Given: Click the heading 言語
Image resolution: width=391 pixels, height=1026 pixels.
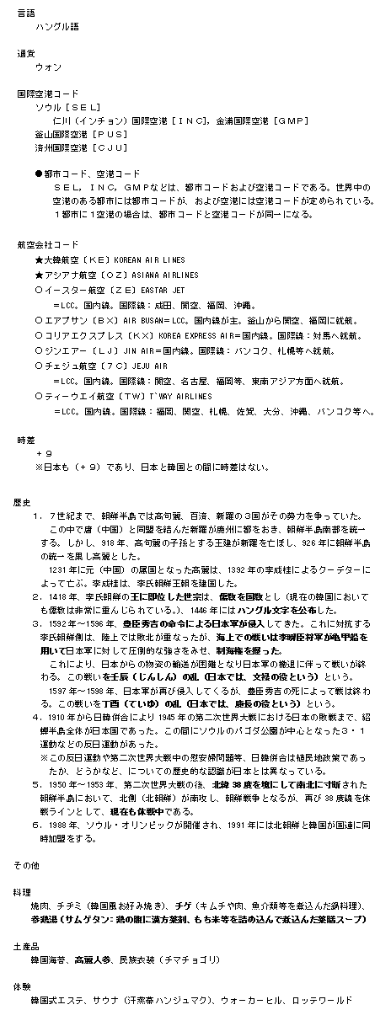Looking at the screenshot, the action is click(x=26, y=13).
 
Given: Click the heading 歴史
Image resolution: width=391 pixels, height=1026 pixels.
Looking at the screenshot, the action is click(x=23, y=500).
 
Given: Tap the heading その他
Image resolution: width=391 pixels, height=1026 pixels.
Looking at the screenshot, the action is click(x=25, y=864).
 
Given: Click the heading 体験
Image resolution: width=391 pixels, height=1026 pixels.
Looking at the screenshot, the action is click(x=23, y=984).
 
